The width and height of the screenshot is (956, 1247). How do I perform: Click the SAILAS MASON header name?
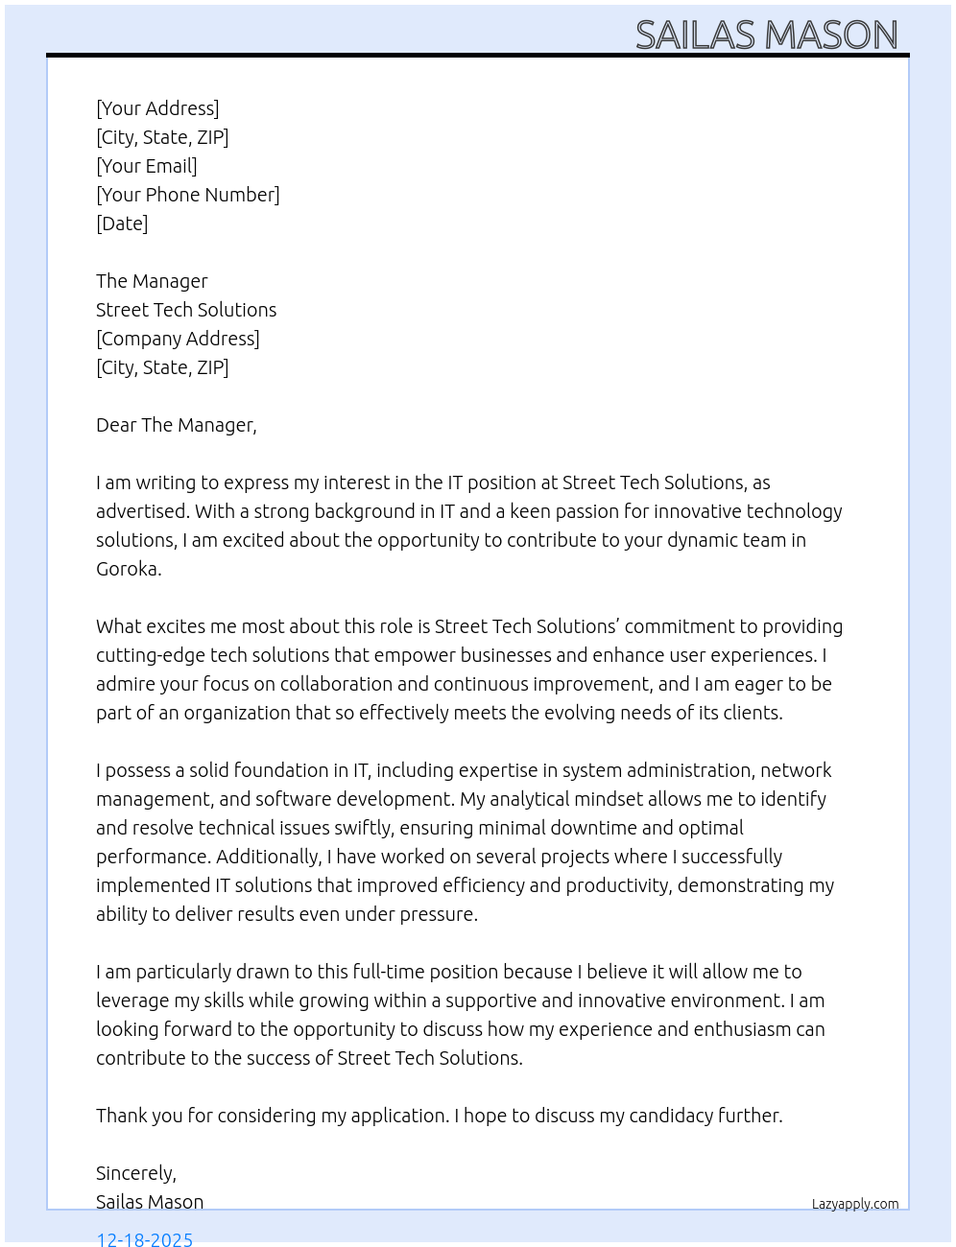coord(766,35)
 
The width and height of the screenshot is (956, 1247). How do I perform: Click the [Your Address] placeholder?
coord(157,108)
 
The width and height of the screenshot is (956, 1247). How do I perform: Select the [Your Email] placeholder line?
coord(147,166)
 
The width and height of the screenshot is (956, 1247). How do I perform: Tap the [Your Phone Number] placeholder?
coord(188,195)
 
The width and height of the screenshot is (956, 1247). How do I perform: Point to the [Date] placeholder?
coord(122,224)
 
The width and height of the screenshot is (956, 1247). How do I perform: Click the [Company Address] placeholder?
coord(178,339)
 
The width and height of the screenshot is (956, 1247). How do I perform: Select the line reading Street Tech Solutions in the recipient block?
coord(186,310)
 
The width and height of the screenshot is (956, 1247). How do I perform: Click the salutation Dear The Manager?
coord(176,425)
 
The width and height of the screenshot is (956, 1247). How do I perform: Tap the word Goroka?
coord(128,569)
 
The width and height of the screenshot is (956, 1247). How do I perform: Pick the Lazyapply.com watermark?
coord(855,1204)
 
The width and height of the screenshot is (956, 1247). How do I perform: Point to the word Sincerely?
coord(135,1173)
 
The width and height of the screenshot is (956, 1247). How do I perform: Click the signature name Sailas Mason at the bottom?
coord(150,1202)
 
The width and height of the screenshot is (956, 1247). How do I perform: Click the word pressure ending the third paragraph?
coord(439,914)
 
